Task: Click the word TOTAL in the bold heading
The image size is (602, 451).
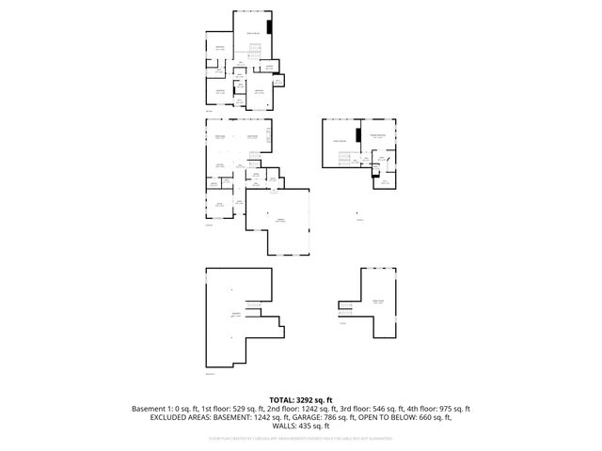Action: (283, 400)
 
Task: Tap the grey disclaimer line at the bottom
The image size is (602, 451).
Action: (301, 438)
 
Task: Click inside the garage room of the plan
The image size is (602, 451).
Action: (279, 222)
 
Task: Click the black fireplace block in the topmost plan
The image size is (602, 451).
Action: (270, 27)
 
